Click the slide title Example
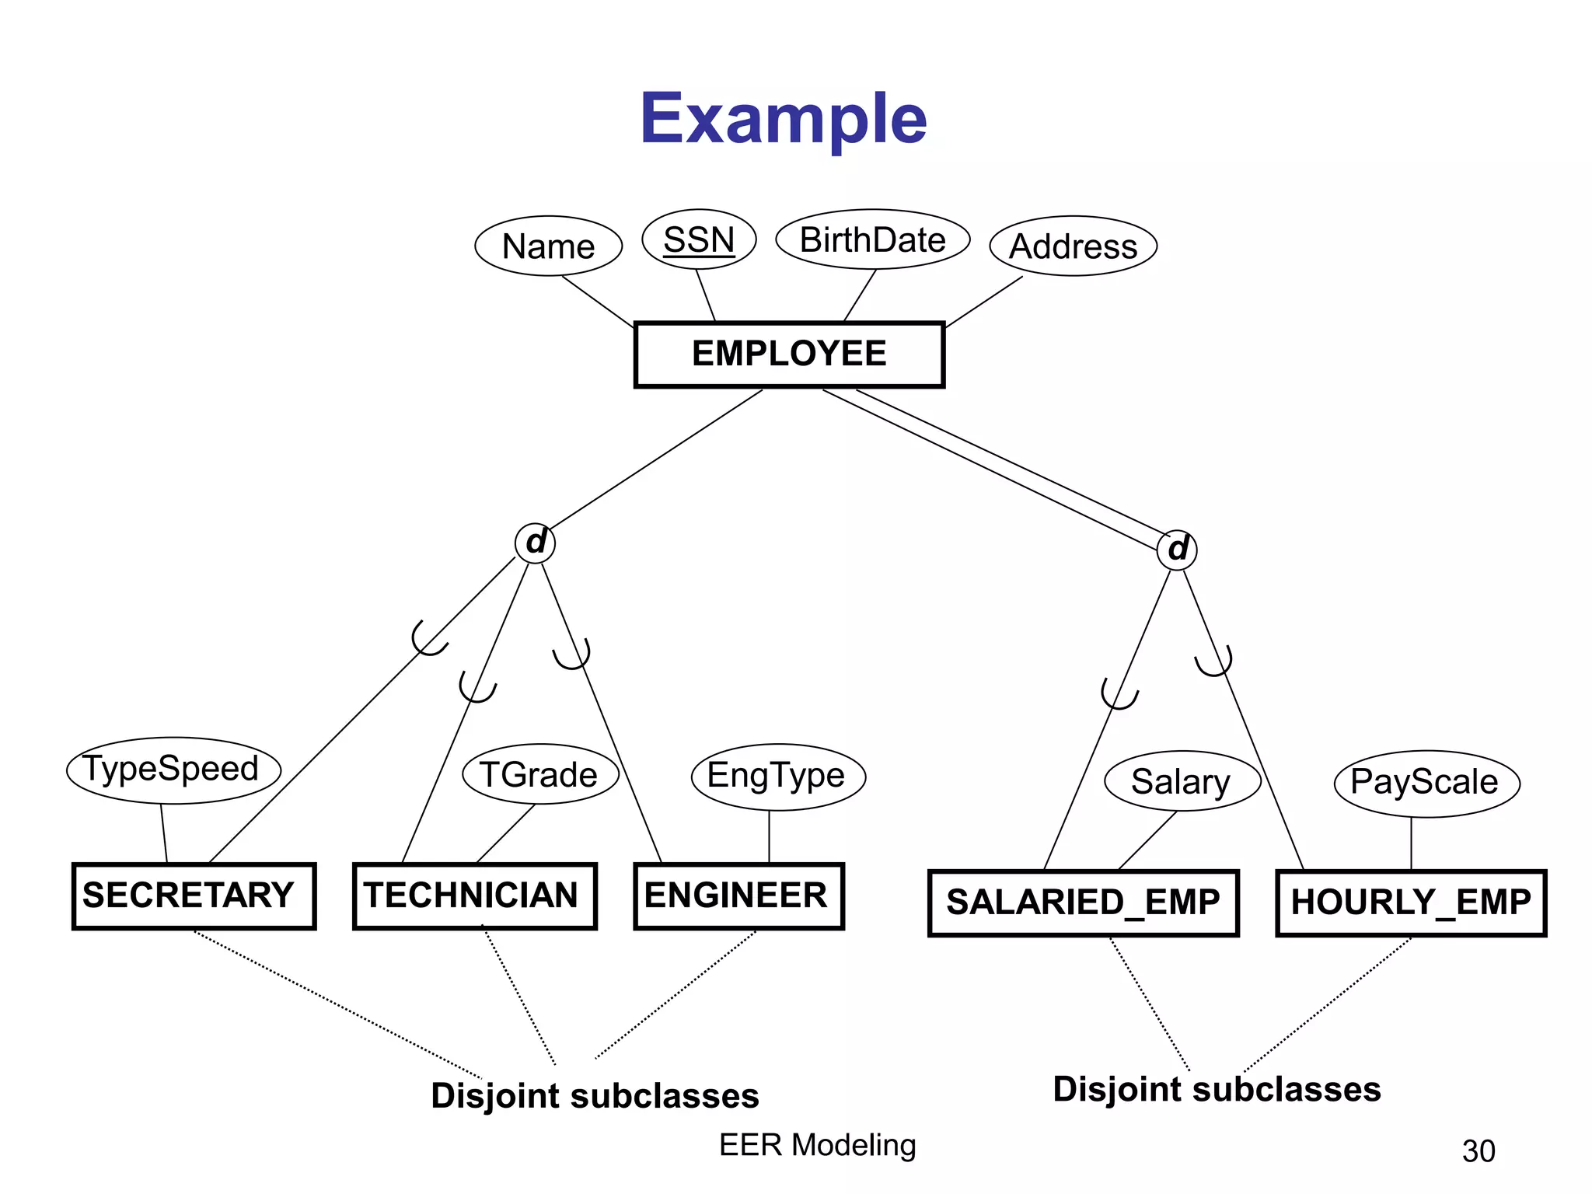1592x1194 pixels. (x=783, y=118)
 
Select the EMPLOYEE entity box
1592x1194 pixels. (x=789, y=354)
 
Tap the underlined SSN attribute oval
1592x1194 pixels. (x=699, y=239)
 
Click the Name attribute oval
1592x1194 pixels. (x=548, y=246)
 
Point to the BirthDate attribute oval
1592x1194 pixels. (x=872, y=239)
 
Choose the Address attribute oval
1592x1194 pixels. (x=1073, y=246)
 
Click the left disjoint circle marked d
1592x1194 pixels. (x=535, y=543)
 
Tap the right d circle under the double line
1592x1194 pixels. (x=1177, y=550)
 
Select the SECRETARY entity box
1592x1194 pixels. (x=194, y=895)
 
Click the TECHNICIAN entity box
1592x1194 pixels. (x=474, y=895)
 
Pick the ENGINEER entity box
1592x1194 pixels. (x=738, y=895)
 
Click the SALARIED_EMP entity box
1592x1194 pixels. (x=1083, y=902)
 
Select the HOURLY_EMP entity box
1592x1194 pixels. (x=1411, y=902)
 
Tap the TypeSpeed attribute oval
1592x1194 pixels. (x=173, y=770)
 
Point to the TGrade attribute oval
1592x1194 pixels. (x=539, y=774)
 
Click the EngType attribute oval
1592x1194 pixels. (x=777, y=776)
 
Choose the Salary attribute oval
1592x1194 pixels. (x=1182, y=781)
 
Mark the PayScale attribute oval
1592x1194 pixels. (x=1426, y=783)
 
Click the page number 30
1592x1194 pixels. (x=1478, y=1151)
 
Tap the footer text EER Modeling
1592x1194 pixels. (x=818, y=1145)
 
